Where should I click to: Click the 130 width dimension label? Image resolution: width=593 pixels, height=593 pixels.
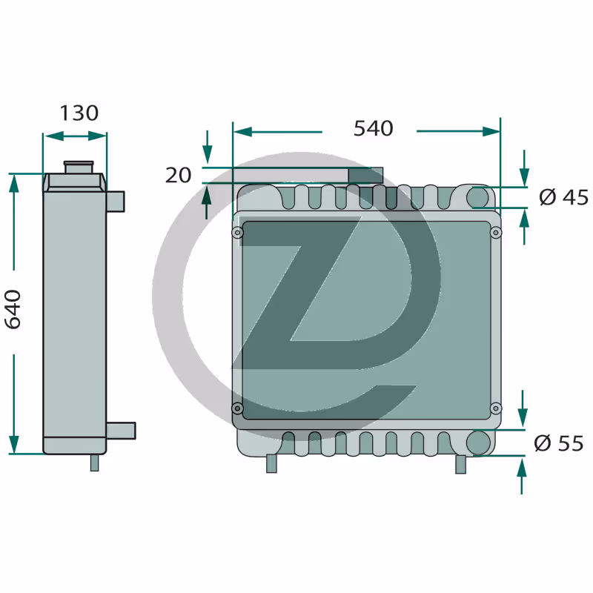coord(79,113)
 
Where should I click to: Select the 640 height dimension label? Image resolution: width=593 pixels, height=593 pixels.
coord(13,309)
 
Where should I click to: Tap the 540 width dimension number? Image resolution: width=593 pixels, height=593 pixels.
coord(374,128)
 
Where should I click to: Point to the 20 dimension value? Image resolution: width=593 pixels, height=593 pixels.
coord(178,175)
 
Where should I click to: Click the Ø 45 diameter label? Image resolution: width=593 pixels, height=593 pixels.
coord(564,197)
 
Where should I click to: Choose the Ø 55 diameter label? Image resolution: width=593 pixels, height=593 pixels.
coord(559,443)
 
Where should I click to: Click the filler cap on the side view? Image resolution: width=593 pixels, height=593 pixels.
coord(79,167)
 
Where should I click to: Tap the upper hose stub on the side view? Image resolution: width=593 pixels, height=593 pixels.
coord(116,202)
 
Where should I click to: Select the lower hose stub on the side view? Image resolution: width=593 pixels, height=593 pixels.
coord(121,431)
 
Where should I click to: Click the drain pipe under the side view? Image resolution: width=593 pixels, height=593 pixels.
coord(95,463)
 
